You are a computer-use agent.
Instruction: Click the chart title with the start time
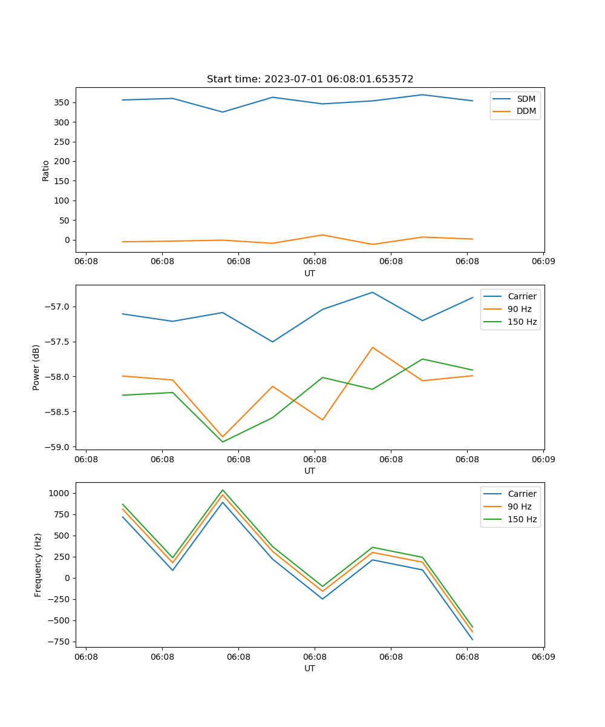[x=310, y=79]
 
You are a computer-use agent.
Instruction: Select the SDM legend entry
[x=526, y=99]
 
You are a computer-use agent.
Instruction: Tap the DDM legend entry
[x=526, y=111]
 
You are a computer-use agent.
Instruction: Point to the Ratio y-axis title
[x=45, y=170]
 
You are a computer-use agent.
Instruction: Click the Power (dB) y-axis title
[x=36, y=367]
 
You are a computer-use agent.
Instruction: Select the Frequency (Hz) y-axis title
[x=38, y=565]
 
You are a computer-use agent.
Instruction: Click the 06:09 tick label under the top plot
[x=543, y=262]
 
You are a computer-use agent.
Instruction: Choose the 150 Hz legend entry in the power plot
[x=522, y=322]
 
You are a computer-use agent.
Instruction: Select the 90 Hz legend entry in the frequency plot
[x=519, y=506]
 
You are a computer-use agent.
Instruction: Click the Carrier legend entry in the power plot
[x=522, y=296]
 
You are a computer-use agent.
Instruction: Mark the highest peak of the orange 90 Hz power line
[x=373, y=347]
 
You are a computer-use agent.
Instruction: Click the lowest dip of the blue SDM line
[x=223, y=112]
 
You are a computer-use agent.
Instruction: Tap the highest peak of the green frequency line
[x=223, y=490]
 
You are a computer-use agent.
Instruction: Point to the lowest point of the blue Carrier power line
[x=273, y=342]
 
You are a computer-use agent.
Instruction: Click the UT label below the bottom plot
[x=310, y=668]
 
